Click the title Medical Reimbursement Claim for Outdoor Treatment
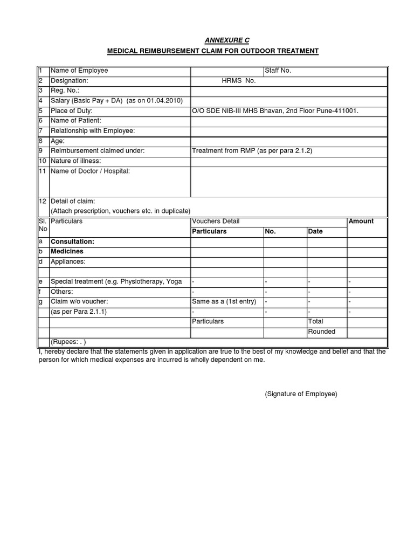tap(213, 51)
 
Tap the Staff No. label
tap(278, 71)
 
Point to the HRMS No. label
tap(238, 81)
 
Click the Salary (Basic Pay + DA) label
tap(116, 101)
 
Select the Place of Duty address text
tap(275, 111)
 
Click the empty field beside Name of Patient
tap(288, 121)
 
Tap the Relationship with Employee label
tap(92, 131)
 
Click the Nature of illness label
tap(75, 161)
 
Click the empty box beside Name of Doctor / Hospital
tap(288, 181)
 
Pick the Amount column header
tap(361, 222)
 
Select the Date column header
tap(315, 231)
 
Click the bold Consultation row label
tap(72, 242)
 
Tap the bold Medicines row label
tap(67, 251)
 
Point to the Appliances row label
tap(68, 261)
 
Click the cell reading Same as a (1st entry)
tap(224, 301)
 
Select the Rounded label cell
tap(321, 332)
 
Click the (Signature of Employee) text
tap(301, 394)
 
